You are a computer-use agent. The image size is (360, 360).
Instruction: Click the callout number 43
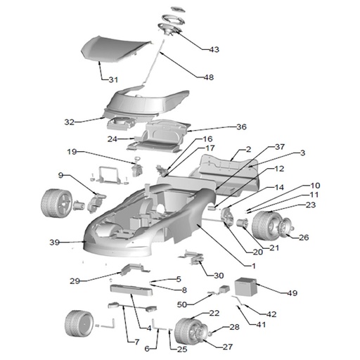click(x=214, y=49)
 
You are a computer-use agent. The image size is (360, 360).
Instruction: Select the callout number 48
click(x=209, y=77)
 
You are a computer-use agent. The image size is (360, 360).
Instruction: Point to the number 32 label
click(x=70, y=122)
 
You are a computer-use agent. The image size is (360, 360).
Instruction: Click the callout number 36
click(x=241, y=127)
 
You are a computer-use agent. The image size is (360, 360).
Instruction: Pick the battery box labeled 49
click(x=246, y=287)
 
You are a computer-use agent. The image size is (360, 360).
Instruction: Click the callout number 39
click(x=54, y=242)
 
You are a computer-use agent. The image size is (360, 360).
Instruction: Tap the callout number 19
click(x=72, y=152)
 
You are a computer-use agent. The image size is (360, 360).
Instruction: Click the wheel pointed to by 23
click(x=265, y=225)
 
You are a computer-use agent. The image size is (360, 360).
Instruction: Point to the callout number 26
click(x=304, y=238)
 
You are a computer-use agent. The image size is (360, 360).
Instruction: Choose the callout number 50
click(x=182, y=304)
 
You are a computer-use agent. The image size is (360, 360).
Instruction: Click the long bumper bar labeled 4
click(x=131, y=290)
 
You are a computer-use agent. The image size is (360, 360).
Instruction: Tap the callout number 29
click(x=75, y=281)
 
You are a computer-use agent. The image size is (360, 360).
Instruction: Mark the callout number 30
click(x=219, y=276)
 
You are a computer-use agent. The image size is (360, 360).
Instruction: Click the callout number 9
click(x=60, y=175)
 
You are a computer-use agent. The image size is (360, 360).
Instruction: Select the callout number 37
click(x=280, y=147)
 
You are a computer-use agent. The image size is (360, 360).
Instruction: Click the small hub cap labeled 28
click(x=210, y=333)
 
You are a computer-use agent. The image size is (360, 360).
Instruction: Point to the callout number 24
click(x=112, y=139)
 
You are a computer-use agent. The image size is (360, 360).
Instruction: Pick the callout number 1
click(x=253, y=266)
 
